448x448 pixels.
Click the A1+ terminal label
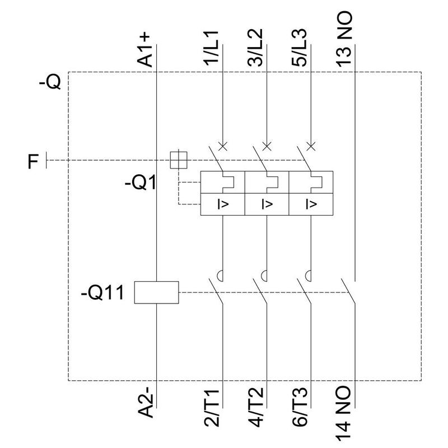pyautogui.click(x=145, y=50)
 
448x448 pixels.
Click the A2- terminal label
pyautogui.click(x=145, y=403)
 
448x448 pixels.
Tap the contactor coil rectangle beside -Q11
pyautogui.click(x=156, y=292)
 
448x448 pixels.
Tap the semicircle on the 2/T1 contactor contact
pyautogui.click(x=222, y=275)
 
